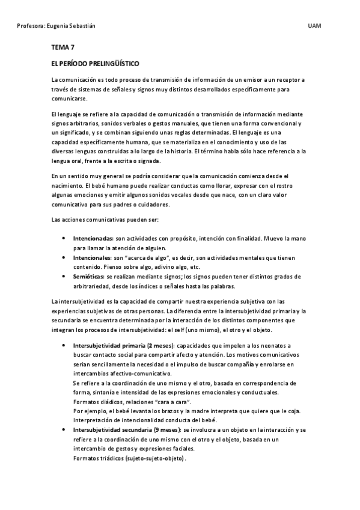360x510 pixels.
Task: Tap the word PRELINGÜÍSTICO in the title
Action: tap(113, 63)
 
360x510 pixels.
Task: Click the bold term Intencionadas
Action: tap(93, 239)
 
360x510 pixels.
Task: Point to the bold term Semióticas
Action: tap(88, 277)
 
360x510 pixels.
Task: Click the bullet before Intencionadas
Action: tap(64, 239)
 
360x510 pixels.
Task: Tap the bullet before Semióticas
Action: tap(64, 277)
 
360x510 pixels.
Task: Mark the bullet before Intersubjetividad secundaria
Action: tap(64, 430)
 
